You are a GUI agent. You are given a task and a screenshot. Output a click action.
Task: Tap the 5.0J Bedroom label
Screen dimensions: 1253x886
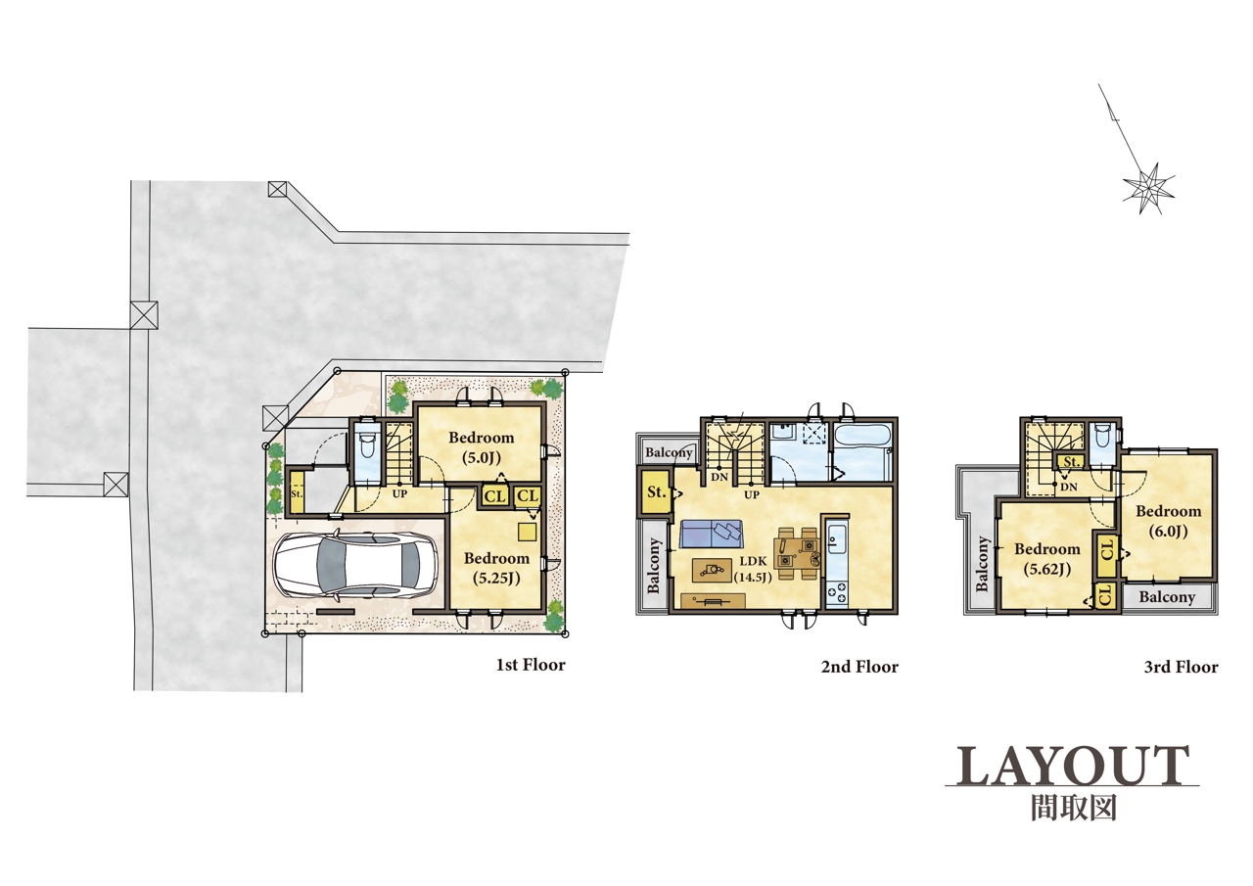coord(481,447)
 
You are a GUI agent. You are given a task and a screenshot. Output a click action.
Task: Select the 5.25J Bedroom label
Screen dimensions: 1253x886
coord(496,568)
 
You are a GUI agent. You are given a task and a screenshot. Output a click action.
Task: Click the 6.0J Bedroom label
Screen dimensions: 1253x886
coord(1169,521)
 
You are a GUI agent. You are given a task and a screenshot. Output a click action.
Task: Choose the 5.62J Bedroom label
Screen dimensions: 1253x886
coord(1047,559)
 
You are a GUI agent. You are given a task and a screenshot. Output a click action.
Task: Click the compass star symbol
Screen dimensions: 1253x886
coord(1148,188)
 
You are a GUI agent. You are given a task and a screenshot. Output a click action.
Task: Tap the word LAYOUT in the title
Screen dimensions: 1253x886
coord(1072,766)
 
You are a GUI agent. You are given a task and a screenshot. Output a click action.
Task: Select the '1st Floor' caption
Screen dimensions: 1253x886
coord(531,665)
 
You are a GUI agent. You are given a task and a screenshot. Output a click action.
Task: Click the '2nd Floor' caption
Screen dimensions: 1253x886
coord(859,666)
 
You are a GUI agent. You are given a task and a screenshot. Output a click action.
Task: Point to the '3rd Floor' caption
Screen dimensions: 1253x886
coord(1181,667)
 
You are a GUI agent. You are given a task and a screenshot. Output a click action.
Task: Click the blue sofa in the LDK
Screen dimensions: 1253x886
coord(712,534)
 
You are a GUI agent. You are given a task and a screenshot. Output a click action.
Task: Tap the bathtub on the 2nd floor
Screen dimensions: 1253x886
coord(862,449)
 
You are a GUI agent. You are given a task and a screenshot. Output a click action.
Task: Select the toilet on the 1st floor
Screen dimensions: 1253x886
coord(367,445)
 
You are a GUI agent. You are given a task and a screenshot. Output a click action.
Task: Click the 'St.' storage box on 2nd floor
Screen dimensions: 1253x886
coord(656,492)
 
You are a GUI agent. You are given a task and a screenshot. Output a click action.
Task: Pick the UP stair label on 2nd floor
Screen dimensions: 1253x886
coord(752,494)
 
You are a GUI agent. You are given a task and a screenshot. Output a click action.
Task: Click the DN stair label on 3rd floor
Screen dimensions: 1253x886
coord(1069,487)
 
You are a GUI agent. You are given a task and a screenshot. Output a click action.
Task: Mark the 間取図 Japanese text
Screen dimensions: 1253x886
coord(1074,808)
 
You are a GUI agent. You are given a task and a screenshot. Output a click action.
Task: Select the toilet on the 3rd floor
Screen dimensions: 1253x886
coord(1102,437)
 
